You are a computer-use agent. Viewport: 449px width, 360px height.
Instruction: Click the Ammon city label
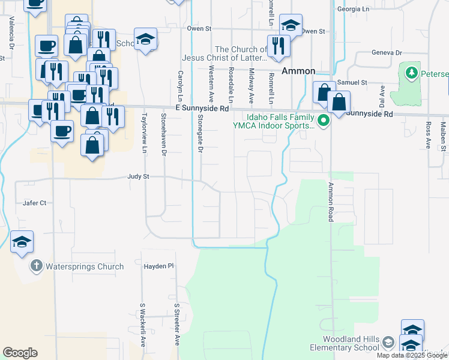click(298, 71)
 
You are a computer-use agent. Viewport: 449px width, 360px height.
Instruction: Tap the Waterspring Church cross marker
click(36, 266)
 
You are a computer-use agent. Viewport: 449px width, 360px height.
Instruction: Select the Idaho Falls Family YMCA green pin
click(324, 121)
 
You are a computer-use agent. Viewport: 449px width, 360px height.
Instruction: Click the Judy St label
click(137, 177)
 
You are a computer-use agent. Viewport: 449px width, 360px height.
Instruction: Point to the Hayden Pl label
click(158, 265)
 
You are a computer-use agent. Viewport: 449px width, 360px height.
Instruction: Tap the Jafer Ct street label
click(34, 203)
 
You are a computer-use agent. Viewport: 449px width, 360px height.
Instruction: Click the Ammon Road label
click(330, 202)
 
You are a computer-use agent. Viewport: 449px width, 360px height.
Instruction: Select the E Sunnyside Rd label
click(202, 109)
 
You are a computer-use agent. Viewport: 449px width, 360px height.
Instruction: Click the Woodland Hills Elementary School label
click(345, 343)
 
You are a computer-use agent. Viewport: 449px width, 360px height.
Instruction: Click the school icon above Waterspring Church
click(22, 241)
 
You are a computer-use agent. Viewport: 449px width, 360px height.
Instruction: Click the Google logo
click(20, 353)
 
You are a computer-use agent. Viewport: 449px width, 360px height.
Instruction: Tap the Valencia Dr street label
click(11, 32)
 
